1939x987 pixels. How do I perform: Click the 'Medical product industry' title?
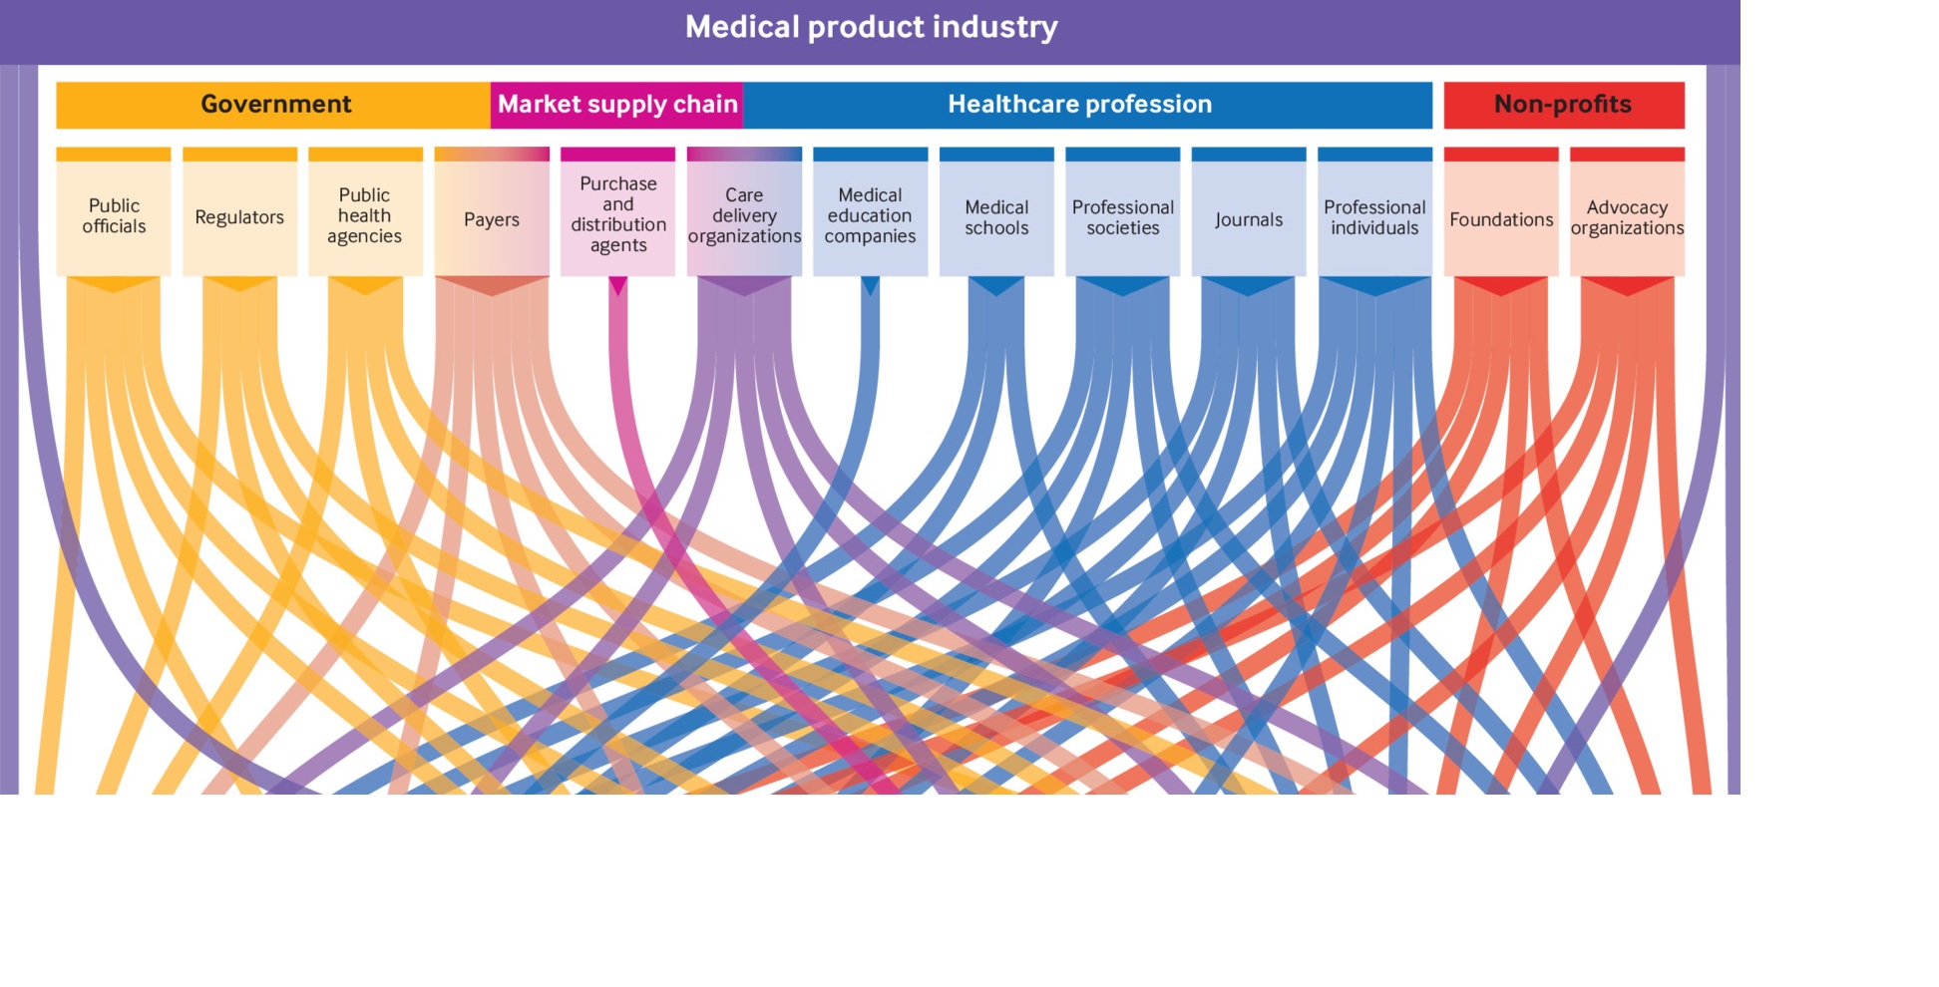click(x=871, y=27)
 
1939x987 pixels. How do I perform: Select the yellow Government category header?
click(x=274, y=105)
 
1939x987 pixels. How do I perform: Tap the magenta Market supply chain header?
click(x=617, y=105)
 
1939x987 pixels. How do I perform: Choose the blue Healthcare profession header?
click(x=1080, y=105)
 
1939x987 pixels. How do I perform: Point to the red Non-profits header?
click(x=1562, y=105)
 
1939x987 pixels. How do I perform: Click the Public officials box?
click(x=114, y=216)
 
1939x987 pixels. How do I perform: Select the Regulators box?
click(x=239, y=216)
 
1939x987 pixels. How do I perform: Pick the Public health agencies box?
click(x=365, y=216)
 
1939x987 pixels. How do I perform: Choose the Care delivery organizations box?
click(x=744, y=216)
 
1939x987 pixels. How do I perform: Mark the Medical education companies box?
click(x=870, y=216)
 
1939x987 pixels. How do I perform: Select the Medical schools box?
click(x=996, y=216)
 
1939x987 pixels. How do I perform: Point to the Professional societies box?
click(x=1122, y=216)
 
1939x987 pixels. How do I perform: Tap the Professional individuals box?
click(x=1374, y=216)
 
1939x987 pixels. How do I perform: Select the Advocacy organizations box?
click(x=1627, y=216)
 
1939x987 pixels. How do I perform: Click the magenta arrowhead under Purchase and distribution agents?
click(x=617, y=285)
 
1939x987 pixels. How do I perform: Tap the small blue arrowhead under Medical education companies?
click(x=870, y=285)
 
